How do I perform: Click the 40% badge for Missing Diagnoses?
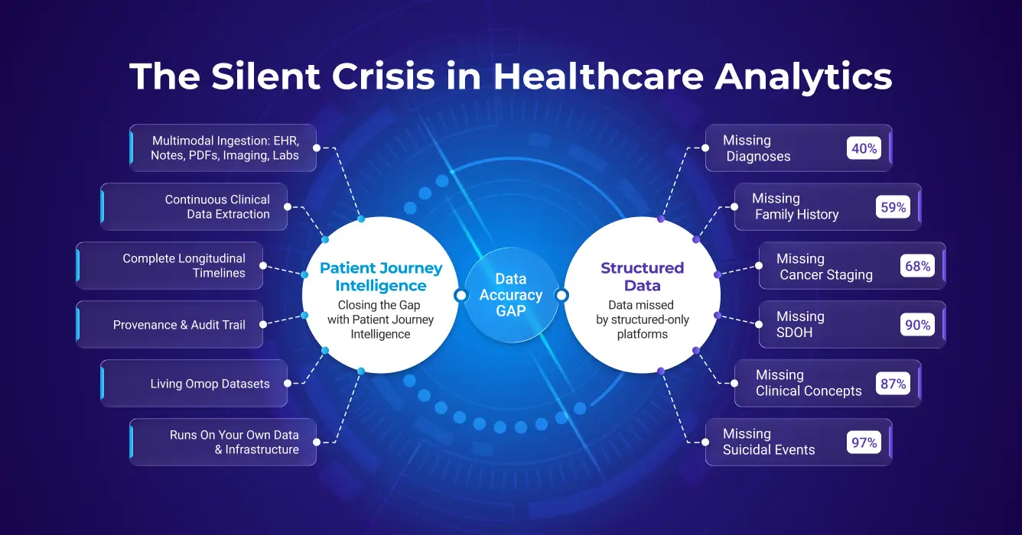864,148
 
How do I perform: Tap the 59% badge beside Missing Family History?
893,207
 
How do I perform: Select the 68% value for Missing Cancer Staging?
917,266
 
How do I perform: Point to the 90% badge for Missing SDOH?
917,325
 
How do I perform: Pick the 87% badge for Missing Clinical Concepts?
893,384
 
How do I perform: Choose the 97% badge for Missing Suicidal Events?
864,442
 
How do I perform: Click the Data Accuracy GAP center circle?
510,295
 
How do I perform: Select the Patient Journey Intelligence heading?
380,277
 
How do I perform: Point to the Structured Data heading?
642,277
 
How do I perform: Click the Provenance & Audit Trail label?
179,325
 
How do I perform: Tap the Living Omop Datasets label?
210,384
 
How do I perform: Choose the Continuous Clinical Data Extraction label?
217,207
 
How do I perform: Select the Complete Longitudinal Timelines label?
184,265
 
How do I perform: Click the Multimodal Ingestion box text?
225,148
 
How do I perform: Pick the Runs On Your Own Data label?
234,442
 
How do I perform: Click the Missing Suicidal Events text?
768,442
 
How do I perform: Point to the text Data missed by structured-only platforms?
642,319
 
